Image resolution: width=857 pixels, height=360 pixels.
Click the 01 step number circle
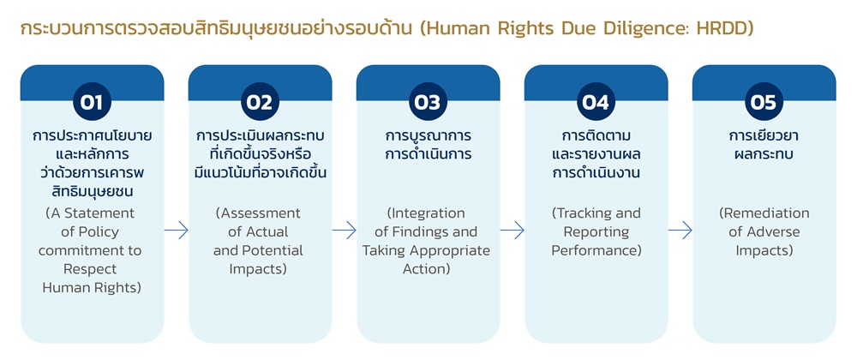tap(93, 102)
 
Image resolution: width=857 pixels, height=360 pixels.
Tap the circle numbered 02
tap(261, 102)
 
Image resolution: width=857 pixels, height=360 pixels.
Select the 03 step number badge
tap(428, 102)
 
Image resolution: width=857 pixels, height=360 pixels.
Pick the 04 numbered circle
tap(596, 102)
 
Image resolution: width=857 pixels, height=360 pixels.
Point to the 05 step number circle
tap(764, 102)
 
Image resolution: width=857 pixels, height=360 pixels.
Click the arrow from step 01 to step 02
tap(176, 231)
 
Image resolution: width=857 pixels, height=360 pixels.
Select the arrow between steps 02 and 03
tap(345, 231)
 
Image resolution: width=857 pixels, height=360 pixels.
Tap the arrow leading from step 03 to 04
tap(512, 231)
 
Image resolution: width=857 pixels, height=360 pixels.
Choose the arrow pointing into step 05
tap(680, 231)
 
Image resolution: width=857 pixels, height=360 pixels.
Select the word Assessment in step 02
tap(261, 213)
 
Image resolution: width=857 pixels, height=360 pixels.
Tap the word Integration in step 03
tap(429, 213)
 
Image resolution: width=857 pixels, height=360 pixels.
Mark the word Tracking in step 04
tap(586, 213)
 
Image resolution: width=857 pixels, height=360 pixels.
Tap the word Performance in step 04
tap(596, 251)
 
